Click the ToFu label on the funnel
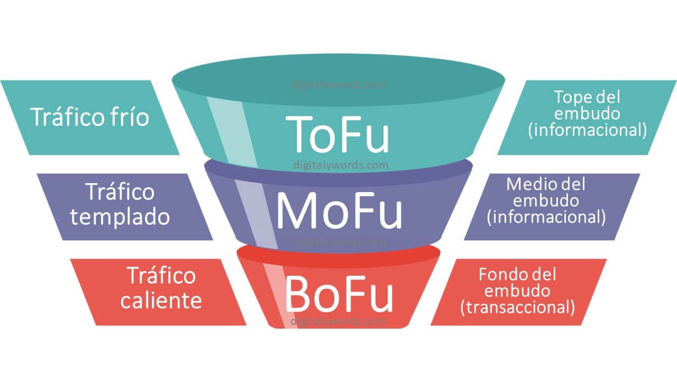[x=337, y=133]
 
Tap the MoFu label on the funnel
[x=338, y=211]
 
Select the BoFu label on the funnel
[x=339, y=294]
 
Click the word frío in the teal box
[x=127, y=117]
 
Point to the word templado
[x=120, y=217]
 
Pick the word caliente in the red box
[x=161, y=301]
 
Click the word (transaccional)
[x=517, y=307]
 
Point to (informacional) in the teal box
[x=587, y=130]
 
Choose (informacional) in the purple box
[x=546, y=216]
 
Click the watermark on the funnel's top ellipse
[x=338, y=84]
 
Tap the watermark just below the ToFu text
[x=341, y=165]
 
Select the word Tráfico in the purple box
[x=120, y=192]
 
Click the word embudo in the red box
[x=517, y=291]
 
